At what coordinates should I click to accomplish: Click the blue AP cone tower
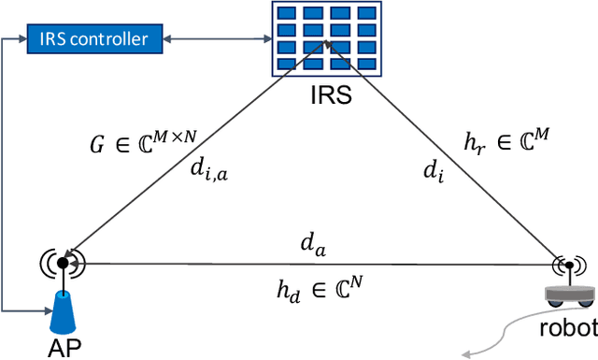(64, 314)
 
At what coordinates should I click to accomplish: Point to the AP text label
(64, 349)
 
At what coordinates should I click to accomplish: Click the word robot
(566, 329)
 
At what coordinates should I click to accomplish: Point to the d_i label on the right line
(432, 172)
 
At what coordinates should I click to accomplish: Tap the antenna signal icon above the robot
(567, 266)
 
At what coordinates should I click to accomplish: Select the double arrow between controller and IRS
(212, 38)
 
